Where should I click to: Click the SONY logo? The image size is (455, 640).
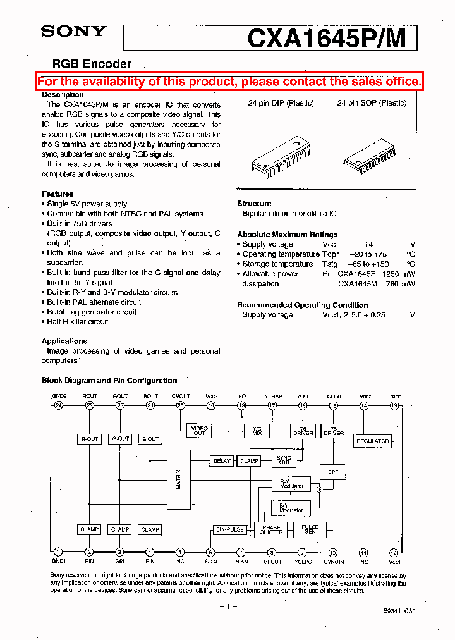(74, 31)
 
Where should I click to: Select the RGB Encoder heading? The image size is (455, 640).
(92, 64)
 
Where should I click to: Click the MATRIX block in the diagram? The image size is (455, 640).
(178, 479)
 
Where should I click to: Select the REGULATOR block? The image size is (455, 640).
(373, 440)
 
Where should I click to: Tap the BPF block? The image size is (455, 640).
(333, 471)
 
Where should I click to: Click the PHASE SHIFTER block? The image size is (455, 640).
(271, 529)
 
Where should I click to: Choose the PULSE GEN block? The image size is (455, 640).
(310, 529)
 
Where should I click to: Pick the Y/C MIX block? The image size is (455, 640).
(257, 431)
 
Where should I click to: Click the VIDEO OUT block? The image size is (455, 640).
(199, 431)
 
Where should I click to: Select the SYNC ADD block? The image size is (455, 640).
(284, 460)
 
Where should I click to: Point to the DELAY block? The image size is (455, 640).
(222, 461)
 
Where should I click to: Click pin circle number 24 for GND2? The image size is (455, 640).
(59, 405)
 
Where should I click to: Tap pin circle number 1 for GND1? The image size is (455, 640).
(58, 551)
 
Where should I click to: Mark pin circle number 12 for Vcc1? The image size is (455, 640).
(394, 551)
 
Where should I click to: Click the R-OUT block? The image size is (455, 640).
(90, 438)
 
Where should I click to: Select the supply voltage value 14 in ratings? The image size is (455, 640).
(368, 244)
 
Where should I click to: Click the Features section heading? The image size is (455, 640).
(58, 194)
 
